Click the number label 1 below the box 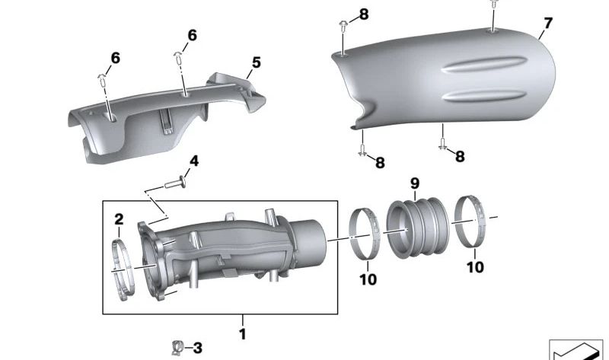coord(242,333)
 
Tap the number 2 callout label coord(119,220)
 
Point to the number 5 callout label coord(257,62)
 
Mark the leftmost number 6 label coord(115,58)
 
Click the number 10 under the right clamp coord(474,267)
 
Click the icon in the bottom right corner coord(576,350)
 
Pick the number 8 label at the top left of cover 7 coord(363,14)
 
